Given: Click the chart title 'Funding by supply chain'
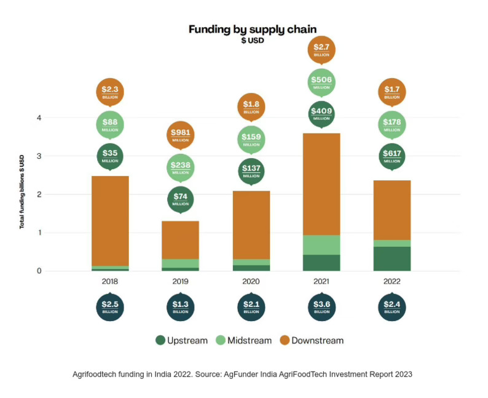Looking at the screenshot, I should [252, 29].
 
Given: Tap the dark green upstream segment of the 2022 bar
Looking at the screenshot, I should [392, 258].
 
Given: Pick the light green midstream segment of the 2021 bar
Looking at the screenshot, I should [321, 244].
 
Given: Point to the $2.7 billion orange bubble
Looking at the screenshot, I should [321, 49].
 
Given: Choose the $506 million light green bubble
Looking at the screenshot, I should [321, 82].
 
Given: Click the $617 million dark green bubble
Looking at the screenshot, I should [392, 157].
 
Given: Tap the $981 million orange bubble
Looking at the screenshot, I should [180, 135].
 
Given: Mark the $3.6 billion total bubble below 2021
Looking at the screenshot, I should [321, 307].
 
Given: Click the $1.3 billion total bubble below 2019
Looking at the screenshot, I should [180, 307].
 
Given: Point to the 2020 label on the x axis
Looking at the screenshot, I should [251, 281].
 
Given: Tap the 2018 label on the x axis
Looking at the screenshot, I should [110, 281].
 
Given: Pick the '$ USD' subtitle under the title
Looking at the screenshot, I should [252, 40].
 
